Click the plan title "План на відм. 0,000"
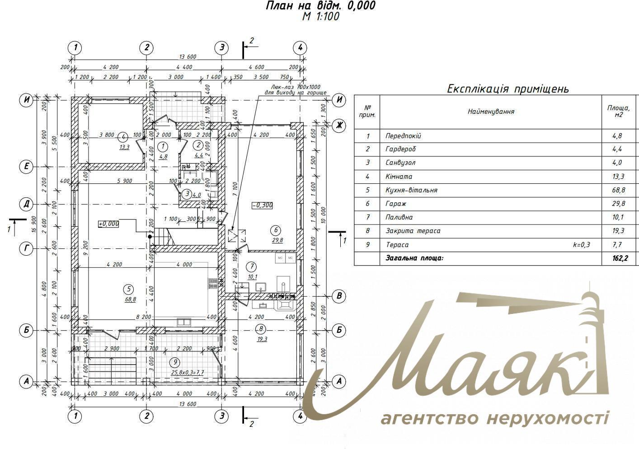(x=320, y=6)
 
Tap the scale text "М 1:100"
(x=320, y=17)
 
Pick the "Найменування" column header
(x=491, y=112)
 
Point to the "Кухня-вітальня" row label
(x=411, y=190)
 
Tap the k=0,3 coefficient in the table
(x=581, y=245)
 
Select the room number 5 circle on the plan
(x=129, y=289)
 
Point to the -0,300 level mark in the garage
(x=262, y=205)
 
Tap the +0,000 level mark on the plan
(x=108, y=223)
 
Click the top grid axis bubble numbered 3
(x=221, y=47)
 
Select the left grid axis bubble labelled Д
(x=27, y=204)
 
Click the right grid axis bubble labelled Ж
(x=339, y=125)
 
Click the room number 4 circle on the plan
(x=122, y=137)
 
